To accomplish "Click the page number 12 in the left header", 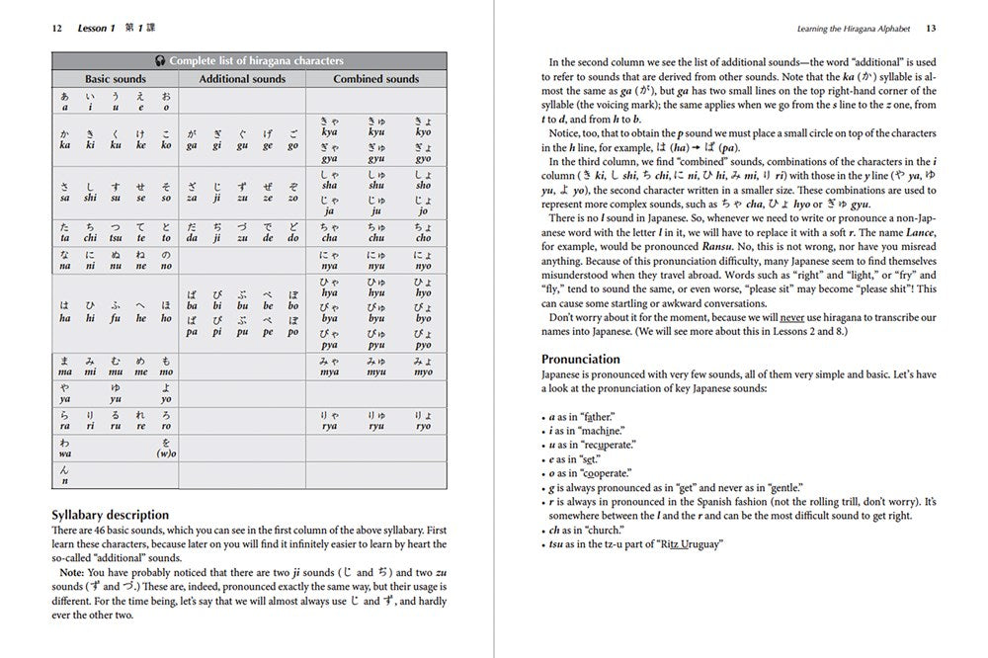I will (57, 29).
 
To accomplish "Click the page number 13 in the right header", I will (931, 29).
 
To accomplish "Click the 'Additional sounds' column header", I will (243, 79).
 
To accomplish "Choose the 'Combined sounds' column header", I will (376, 79).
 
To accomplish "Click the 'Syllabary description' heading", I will (109, 515).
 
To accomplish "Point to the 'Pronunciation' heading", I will (581, 359).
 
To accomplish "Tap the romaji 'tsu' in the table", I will (117, 238).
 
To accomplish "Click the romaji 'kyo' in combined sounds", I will (423, 131).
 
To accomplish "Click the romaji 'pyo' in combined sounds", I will (423, 346).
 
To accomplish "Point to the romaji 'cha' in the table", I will (330, 238).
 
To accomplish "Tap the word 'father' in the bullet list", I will (597, 418).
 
